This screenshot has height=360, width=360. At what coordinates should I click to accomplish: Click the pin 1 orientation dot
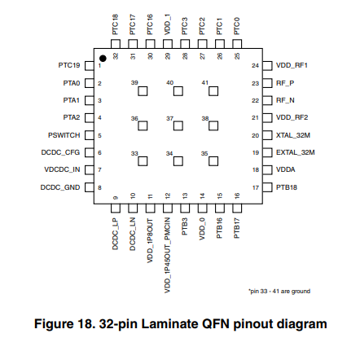(x=103, y=59)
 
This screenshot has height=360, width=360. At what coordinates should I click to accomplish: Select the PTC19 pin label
(x=69, y=65)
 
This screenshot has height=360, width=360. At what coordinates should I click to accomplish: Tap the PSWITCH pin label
(x=64, y=135)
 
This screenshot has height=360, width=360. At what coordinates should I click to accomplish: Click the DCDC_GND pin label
(x=60, y=187)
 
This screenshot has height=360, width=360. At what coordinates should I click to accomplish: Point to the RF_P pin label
(x=285, y=83)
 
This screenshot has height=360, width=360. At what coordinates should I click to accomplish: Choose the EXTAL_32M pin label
(x=296, y=152)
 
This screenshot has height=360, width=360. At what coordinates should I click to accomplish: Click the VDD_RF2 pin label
(x=292, y=117)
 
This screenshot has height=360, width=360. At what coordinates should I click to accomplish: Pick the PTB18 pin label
(x=287, y=187)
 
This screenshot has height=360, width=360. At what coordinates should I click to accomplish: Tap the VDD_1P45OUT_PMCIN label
(x=168, y=255)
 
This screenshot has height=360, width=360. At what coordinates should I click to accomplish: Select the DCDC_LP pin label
(x=116, y=234)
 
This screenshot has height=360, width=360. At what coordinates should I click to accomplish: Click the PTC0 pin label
(x=237, y=26)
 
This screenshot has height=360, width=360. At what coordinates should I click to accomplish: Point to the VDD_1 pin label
(x=168, y=24)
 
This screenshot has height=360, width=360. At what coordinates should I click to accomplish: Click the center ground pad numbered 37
(x=178, y=126)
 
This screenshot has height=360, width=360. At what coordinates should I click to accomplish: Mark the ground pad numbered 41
(x=213, y=91)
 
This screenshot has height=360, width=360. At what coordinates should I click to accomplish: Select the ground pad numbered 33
(x=143, y=161)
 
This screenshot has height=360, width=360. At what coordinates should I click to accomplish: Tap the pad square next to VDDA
(x=267, y=170)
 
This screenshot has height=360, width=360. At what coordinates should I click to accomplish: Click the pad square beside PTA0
(x=90, y=83)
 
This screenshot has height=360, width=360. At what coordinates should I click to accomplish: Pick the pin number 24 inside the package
(x=255, y=65)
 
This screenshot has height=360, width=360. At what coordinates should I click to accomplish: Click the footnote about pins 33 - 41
(x=279, y=292)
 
